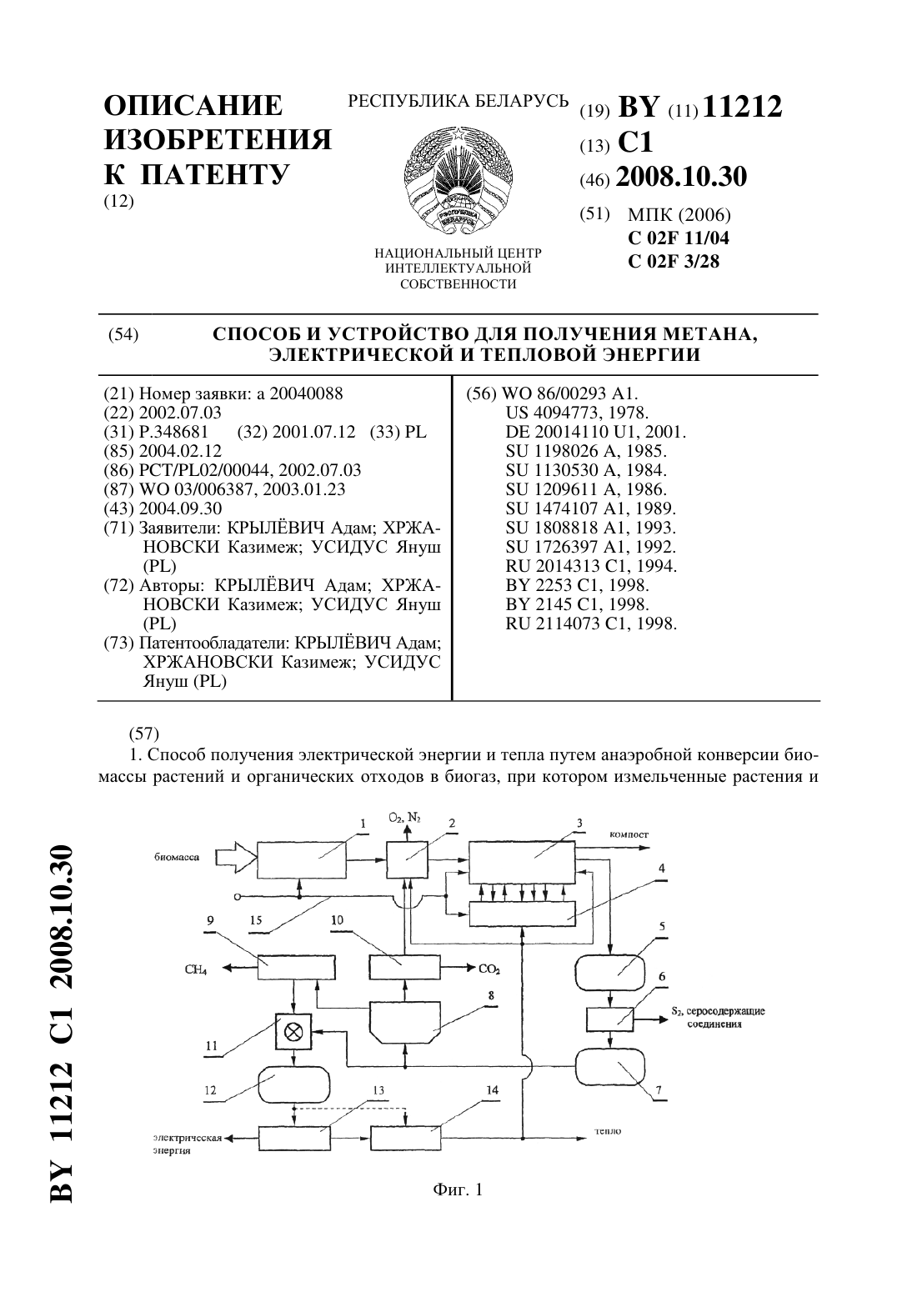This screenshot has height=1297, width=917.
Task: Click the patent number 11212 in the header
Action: point(743,107)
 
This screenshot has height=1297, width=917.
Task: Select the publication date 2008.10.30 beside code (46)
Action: point(681,177)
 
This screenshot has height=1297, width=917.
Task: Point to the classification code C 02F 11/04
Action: point(679,238)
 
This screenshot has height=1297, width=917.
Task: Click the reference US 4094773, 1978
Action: point(577,413)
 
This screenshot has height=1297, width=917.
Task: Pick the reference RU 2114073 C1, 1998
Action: point(591,623)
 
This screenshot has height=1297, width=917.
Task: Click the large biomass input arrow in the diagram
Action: point(234,857)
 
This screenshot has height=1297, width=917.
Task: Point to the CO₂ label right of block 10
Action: point(489,969)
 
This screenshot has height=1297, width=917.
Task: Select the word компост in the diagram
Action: point(629,834)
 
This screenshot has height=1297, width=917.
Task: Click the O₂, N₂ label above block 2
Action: point(404,818)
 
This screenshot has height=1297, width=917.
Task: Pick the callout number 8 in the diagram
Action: point(491,996)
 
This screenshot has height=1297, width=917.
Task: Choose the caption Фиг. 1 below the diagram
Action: point(458,1189)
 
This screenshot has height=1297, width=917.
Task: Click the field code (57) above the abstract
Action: point(143,734)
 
